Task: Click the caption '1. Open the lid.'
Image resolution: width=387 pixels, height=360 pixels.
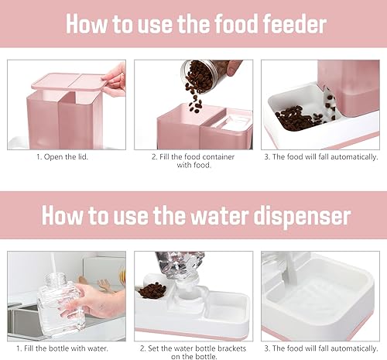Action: pos(67,157)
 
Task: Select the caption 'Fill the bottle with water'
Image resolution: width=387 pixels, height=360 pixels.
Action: pos(67,348)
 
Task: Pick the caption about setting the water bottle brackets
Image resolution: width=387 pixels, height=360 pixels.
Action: pos(193,353)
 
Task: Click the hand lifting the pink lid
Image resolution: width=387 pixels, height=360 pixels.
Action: pos(114,77)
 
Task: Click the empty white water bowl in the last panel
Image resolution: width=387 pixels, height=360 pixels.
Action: pos(325,298)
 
